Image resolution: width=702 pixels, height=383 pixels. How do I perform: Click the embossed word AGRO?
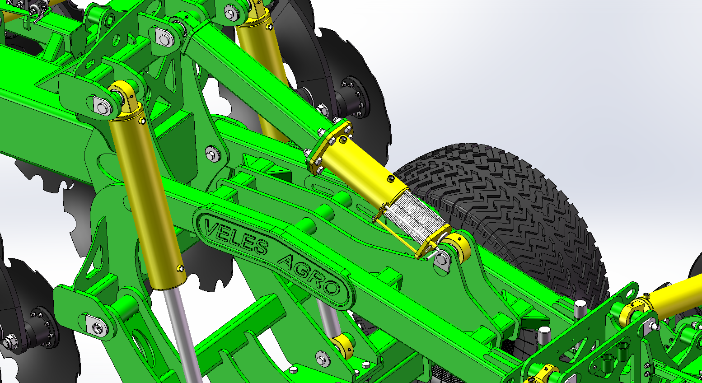(x=309, y=275)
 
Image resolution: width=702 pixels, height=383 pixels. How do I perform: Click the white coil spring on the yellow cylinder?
(x=414, y=216)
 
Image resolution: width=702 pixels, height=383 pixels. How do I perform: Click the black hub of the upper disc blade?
(x=354, y=97)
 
